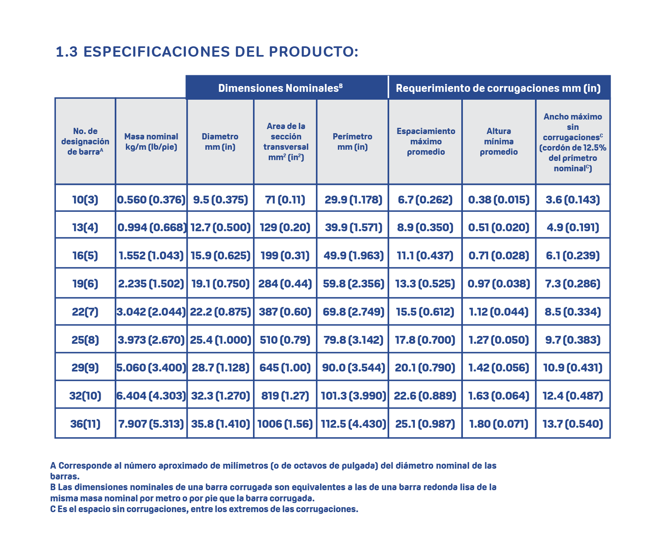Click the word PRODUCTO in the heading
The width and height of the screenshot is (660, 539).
(x=313, y=52)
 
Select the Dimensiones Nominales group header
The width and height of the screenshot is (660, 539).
(x=280, y=88)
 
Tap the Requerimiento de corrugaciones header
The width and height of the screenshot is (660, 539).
(x=498, y=88)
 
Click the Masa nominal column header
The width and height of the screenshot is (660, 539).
(x=151, y=141)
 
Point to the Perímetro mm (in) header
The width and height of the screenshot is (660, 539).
(x=352, y=141)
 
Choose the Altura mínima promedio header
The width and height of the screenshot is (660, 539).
(x=499, y=141)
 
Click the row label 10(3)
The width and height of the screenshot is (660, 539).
(x=85, y=200)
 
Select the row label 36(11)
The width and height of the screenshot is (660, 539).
(x=85, y=424)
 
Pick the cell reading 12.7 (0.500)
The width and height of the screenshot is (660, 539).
(x=220, y=228)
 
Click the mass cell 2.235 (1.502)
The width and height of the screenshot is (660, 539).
(x=151, y=284)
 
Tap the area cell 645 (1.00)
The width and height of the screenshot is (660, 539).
(x=285, y=368)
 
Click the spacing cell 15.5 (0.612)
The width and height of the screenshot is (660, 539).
(x=425, y=312)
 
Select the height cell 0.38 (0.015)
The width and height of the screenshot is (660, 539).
(x=499, y=200)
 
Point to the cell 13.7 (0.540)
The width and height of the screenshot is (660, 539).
(x=573, y=424)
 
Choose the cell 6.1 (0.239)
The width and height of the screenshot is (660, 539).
(x=573, y=256)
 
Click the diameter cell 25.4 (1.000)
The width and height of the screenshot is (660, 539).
(x=220, y=340)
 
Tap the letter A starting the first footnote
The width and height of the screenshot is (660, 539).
(x=53, y=466)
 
